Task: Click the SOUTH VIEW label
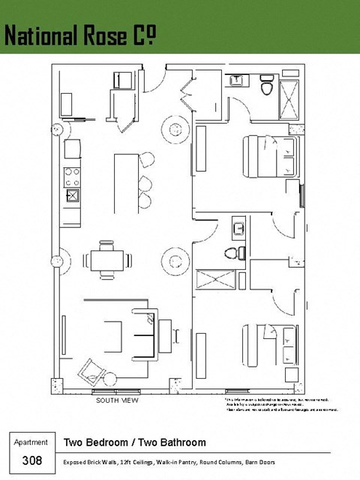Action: (116, 400)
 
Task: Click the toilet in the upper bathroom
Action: (265, 88)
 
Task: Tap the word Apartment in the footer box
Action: (31, 442)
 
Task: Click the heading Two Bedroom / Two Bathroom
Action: (135, 442)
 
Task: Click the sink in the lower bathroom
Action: (238, 227)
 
